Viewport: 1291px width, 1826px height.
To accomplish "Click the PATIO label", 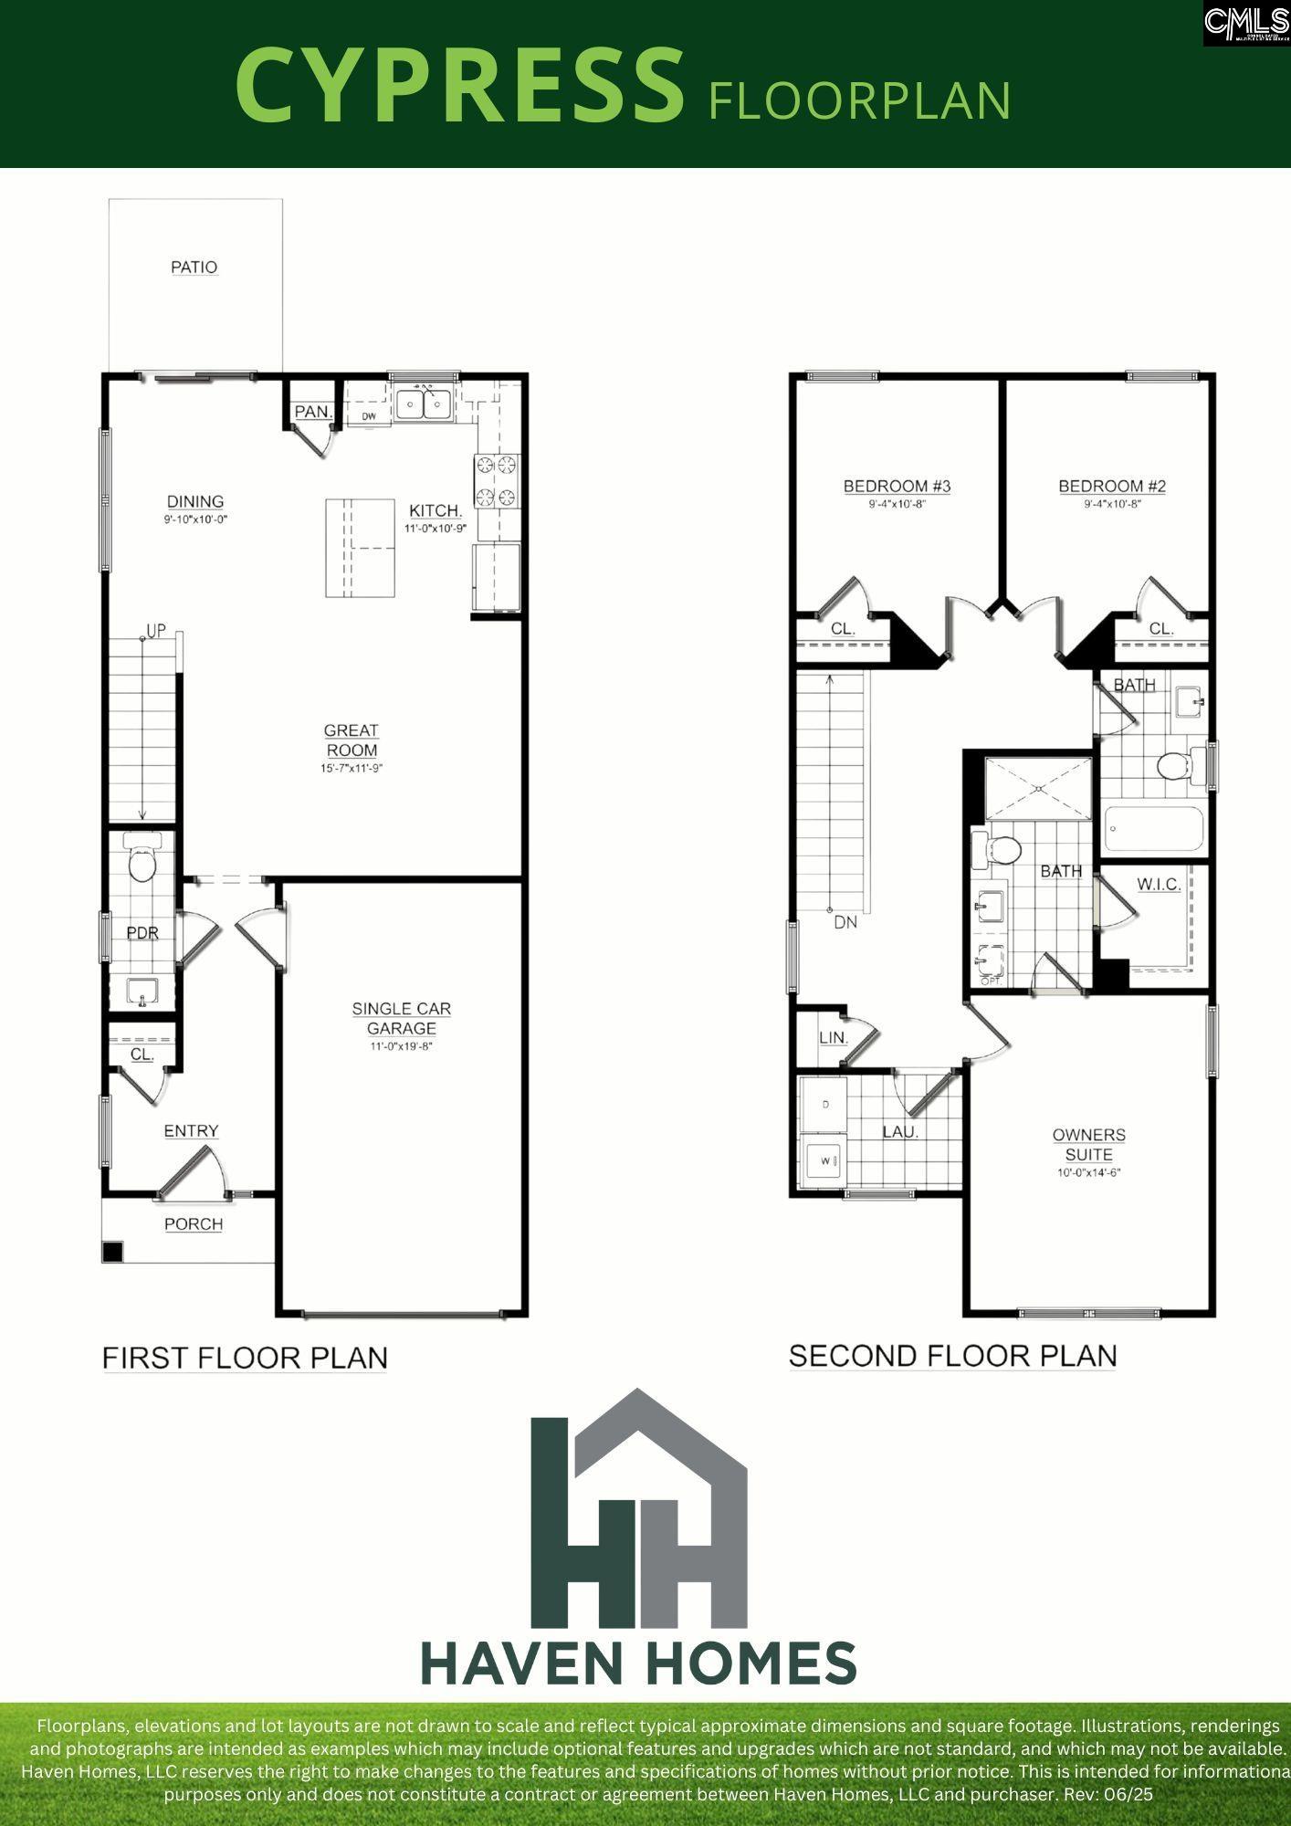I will (x=194, y=268).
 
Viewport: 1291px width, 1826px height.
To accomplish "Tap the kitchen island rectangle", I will (x=360, y=548).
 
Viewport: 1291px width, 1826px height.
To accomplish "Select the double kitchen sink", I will (x=424, y=404).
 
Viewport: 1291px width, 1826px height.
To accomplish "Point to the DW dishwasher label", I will (x=369, y=417).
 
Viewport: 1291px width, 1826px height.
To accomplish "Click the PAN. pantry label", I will (x=312, y=412).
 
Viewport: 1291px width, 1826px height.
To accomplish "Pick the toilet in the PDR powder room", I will (x=142, y=860).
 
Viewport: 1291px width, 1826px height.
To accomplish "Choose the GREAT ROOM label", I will (x=351, y=740).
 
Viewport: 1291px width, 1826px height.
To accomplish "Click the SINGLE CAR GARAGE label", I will (x=402, y=1018).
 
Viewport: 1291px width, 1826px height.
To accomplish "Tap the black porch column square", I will (x=112, y=1252).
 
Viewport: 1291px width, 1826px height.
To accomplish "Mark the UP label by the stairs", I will (x=156, y=631).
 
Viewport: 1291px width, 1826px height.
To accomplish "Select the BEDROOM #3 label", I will (x=897, y=486).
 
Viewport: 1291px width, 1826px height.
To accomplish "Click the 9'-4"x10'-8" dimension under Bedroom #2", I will (x=1112, y=503).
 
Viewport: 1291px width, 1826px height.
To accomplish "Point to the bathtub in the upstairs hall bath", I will (x=1154, y=828).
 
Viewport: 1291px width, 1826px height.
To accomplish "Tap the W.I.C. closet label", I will (x=1159, y=884).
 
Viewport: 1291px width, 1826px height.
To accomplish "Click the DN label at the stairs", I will (x=845, y=922).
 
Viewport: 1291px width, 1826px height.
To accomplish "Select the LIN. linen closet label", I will (x=833, y=1038).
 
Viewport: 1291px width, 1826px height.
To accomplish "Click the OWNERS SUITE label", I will (x=1088, y=1144).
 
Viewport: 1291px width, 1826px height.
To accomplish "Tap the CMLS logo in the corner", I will (x=1245, y=24).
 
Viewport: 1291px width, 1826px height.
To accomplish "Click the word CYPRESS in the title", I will (x=459, y=85).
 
